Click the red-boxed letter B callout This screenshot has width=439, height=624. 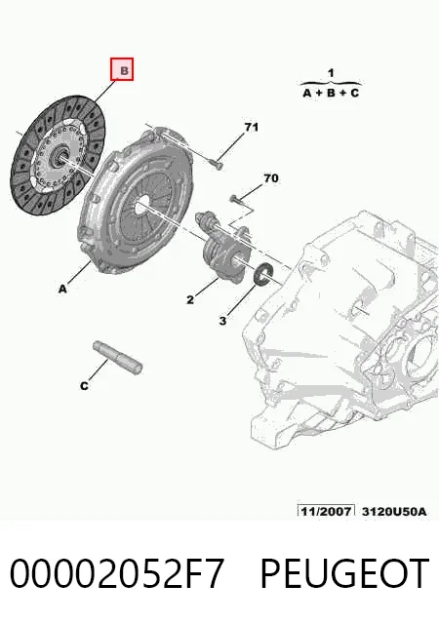(122, 69)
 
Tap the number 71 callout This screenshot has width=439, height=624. (251, 128)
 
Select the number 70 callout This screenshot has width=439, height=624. (271, 178)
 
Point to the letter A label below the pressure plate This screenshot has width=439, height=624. (62, 289)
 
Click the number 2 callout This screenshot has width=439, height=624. (190, 299)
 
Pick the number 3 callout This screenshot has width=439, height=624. (222, 321)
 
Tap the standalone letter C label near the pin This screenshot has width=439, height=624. (84, 386)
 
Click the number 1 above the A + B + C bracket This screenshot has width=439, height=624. (331, 73)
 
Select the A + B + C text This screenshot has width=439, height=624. (331, 94)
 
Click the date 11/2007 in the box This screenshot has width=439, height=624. (326, 511)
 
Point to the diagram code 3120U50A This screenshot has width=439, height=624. (394, 511)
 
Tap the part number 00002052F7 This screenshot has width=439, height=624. (117, 573)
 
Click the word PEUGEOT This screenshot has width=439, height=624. (344, 573)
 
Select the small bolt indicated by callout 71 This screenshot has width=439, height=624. (216, 164)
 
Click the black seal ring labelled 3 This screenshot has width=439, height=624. (262, 274)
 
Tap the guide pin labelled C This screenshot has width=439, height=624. (117, 358)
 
